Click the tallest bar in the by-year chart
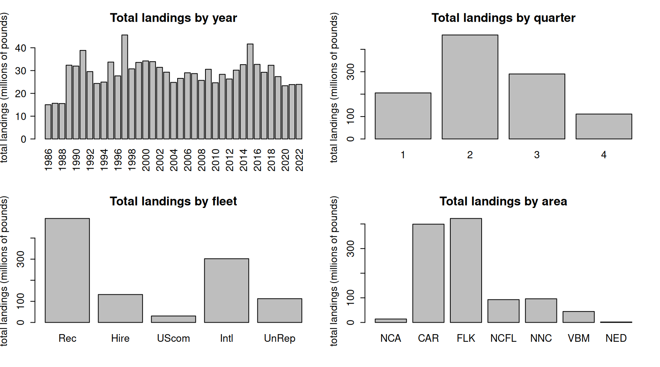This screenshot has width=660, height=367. click(x=125, y=87)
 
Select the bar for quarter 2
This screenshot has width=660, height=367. click(x=470, y=87)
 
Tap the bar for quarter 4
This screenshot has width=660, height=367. click(x=603, y=127)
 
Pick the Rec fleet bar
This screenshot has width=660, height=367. click(x=67, y=270)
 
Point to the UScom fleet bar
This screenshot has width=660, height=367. click(x=173, y=319)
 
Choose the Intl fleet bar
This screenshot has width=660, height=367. click(x=226, y=291)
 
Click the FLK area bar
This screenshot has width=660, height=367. click(x=466, y=270)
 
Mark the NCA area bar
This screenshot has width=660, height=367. click(x=390, y=321)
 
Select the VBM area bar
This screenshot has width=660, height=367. click(x=578, y=317)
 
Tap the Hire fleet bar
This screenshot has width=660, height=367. click(x=120, y=309)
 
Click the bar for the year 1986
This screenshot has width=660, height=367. click(x=48, y=122)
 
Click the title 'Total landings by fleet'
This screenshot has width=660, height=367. click(x=173, y=201)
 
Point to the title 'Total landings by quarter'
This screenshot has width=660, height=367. click(x=503, y=18)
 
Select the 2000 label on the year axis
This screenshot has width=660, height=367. click(x=146, y=160)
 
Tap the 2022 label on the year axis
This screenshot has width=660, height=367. click(x=299, y=160)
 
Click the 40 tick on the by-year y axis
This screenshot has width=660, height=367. click(x=21, y=48)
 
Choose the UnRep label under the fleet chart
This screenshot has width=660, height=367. click(x=280, y=338)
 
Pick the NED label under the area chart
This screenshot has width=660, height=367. click(x=616, y=338)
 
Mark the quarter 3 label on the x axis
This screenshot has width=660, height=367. click(x=537, y=155)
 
